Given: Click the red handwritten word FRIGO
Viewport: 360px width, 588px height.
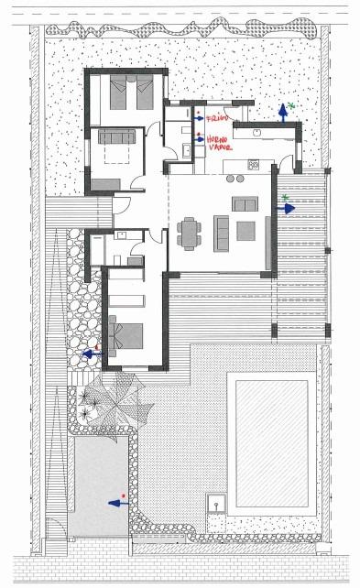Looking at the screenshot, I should coord(216,119).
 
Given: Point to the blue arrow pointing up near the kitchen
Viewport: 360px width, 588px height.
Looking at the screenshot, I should coord(283,114).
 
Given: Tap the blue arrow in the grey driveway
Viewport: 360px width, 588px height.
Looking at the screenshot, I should coord(116,502).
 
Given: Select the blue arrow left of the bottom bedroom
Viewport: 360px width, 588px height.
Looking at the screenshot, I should coord(90,352).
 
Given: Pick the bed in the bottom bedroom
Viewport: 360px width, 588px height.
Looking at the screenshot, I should coord(129,334).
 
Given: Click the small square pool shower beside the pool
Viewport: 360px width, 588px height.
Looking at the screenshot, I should coord(218,502).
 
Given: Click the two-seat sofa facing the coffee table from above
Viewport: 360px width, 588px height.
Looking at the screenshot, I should coord(245,203).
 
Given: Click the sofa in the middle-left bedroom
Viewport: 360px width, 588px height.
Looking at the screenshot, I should coord(117,137).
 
